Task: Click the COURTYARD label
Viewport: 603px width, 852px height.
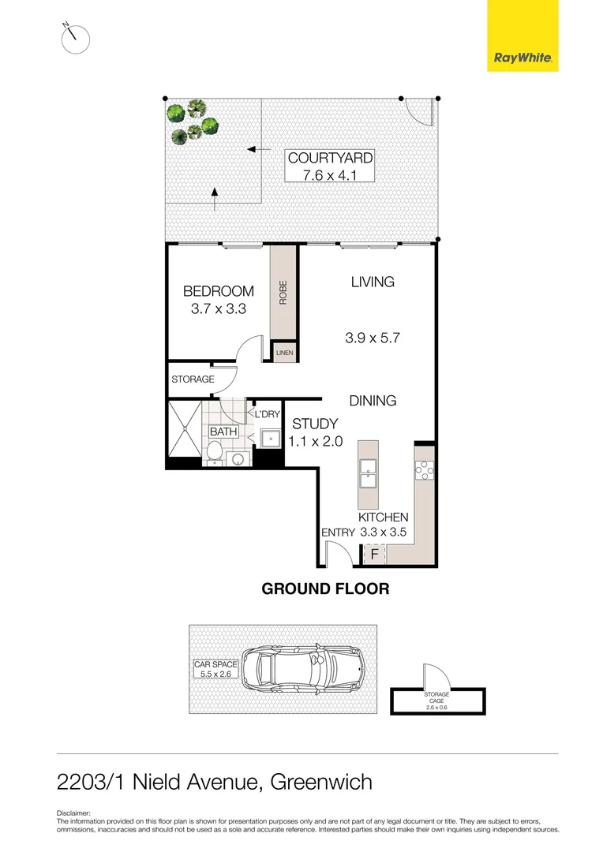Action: pyautogui.click(x=330, y=159)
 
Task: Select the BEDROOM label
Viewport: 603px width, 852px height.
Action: pyautogui.click(x=219, y=291)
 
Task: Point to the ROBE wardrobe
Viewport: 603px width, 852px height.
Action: pyautogui.click(x=283, y=293)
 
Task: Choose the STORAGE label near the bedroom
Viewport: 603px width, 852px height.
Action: pyautogui.click(x=193, y=379)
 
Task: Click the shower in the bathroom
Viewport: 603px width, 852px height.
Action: pyautogui.click(x=184, y=432)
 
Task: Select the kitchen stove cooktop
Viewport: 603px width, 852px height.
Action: pyautogui.click(x=422, y=471)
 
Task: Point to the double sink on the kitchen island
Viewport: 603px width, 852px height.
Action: pyautogui.click(x=368, y=471)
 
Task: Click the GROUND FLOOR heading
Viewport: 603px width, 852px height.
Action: pyautogui.click(x=325, y=589)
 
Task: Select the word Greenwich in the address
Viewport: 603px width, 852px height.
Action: pyautogui.click(x=321, y=782)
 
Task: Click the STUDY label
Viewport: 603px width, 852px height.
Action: pyautogui.click(x=316, y=424)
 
